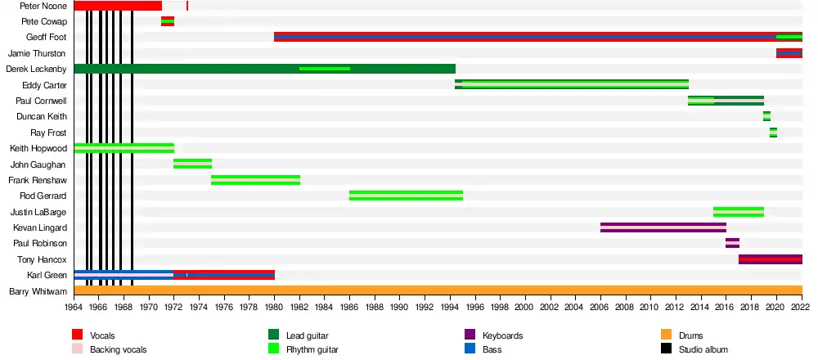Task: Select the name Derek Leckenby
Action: pyautogui.click(x=37, y=69)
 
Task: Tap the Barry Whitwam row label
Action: pyautogui.click(x=38, y=290)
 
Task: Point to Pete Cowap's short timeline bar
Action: pyautogui.click(x=167, y=21)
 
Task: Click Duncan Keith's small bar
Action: pyautogui.click(x=766, y=116)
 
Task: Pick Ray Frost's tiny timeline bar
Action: pyautogui.click(x=773, y=133)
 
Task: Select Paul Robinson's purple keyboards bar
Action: pyautogui.click(x=732, y=243)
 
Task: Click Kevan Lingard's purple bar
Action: pyautogui.click(x=663, y=227)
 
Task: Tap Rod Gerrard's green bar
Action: pyautogui.click(x=406, y=196)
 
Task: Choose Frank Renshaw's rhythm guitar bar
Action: pyautogui.click(x=255, y=180)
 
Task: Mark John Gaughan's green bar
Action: pyautogui.click(x=192, y=164)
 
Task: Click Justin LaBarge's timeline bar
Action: pyautogui.click(x=738, y=212)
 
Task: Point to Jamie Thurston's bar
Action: pyautogui.click(x=789, y=53)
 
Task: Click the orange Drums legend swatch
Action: pyautogui.click(x=667, y=335)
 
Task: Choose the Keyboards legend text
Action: pyautogui.click(x=502, y=335)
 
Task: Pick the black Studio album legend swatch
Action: pyautogui.click(x=667, y=349)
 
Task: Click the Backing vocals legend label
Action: pyautogui.click(x=119, y=349)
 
